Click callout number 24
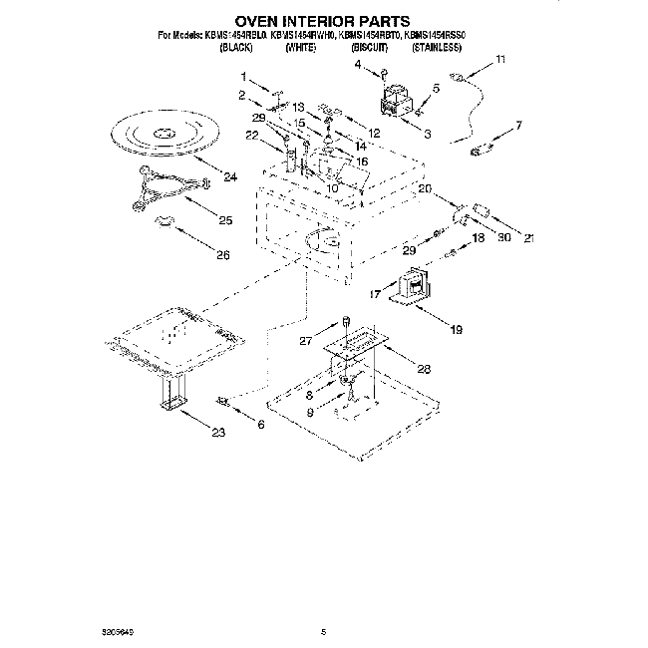(230, 177)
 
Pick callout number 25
(225, 220)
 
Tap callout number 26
(222, 255)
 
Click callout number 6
(261, 425)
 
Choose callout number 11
(500, 61)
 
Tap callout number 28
(424, 368)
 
